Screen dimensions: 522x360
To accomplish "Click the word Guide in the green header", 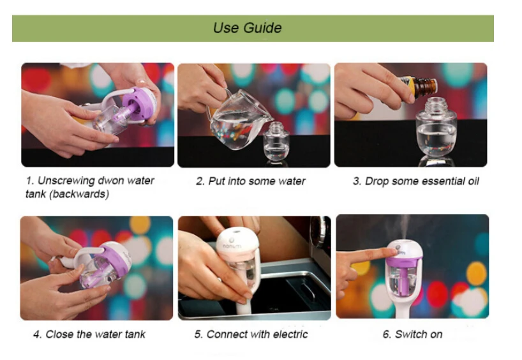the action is pos(263,28).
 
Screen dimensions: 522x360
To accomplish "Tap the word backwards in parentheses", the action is pos(79,194).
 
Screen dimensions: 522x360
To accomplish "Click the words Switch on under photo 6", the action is pos(419,334).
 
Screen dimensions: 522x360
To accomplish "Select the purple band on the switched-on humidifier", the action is pos(404,262).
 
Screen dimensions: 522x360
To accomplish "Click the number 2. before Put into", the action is pos(200,181).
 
